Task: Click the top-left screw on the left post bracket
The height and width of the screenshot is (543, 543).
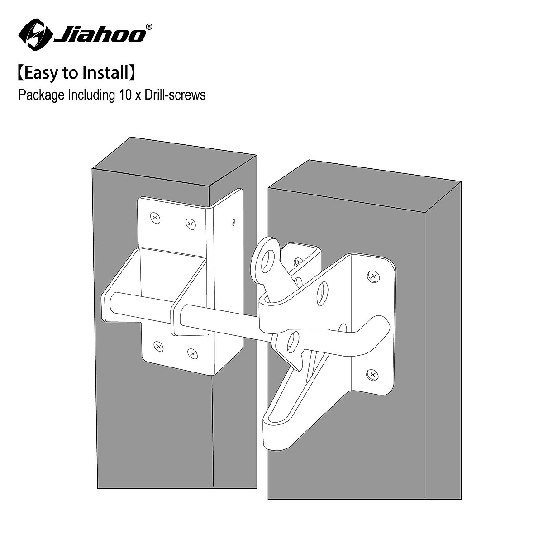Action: [x=155, y=218]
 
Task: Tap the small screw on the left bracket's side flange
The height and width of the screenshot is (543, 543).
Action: [x=233, y=222]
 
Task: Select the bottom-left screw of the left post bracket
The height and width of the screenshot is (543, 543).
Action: [x=158, y=347]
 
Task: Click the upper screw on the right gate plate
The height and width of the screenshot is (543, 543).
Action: [x=373, y=276]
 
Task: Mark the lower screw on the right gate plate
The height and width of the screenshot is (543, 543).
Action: [x=371, y=374]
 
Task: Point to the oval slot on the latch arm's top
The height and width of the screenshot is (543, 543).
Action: [x=323, y=294]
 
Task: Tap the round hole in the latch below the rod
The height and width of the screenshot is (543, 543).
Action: [x=293, y=343]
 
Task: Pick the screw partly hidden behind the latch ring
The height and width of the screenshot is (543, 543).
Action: [x=298, y=262]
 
